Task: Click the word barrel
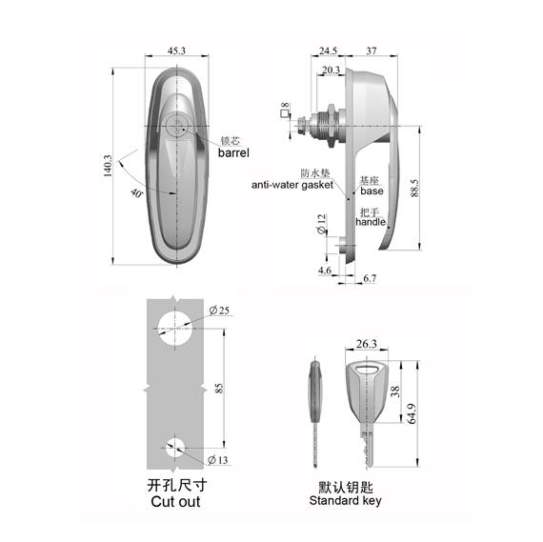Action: (233, 152)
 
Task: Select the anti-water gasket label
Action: (291, 186)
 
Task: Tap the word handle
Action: (371, 221)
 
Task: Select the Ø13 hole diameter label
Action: (219, 460)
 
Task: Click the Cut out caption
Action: (175, 501)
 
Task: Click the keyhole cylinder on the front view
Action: (177, 128)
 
